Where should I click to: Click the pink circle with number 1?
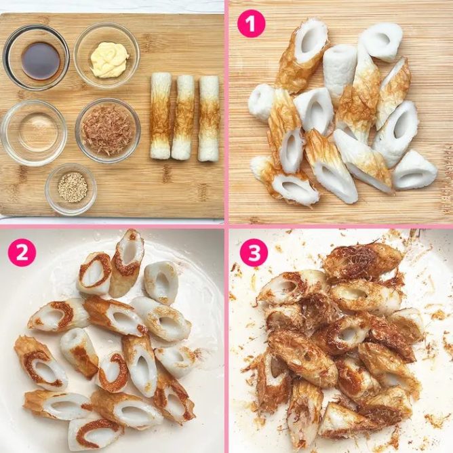coord(251,24)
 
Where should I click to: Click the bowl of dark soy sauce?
coord(36,58)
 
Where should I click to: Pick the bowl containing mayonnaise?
coord(107,55)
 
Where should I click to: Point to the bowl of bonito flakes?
coord(108,131)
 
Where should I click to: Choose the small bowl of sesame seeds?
coord(71,189)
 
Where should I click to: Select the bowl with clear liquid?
coord(34,133)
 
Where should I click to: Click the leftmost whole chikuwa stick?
coord(161,115)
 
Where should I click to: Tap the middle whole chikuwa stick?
coord(183,117)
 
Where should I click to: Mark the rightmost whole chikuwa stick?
coord(209,118)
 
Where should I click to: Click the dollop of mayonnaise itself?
coord(109,60)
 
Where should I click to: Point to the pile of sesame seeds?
coord(73,187)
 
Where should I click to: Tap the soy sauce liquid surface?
coord(41,61)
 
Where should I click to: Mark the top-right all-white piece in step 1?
coord(380,41)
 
